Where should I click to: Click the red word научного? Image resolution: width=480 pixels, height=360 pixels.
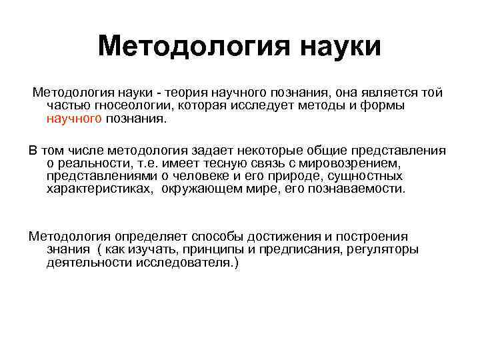(74, 119)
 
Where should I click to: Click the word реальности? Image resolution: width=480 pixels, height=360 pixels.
(89, 163)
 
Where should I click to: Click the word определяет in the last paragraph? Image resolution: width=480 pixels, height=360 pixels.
(153, 236)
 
